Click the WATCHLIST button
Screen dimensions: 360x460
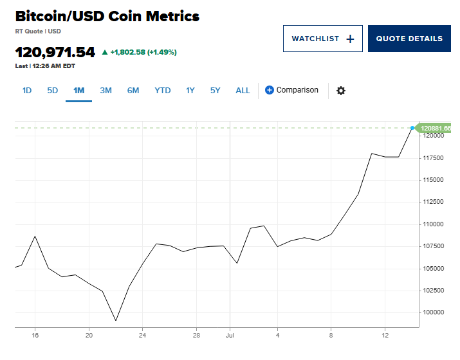(x=322, y=39)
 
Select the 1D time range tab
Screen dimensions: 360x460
(x=27, y=91)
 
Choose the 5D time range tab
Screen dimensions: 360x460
(x=53, y=91)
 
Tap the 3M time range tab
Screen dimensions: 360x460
(x=106, y=91)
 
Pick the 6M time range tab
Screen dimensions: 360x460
(x=133, y=91)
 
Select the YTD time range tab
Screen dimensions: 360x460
(x=163, y=91)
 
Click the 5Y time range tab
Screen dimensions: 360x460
(x=216, y=91)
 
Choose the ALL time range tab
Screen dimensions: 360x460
(x=243, y=91)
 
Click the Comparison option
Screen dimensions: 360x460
(x=291, y=91)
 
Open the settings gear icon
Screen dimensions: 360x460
(x=341, y=91)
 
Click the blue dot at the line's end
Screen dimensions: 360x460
(x=412, y=128)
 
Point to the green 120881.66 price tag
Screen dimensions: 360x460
(x=436, y=129)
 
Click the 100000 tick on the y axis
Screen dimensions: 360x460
(x=433, y=312)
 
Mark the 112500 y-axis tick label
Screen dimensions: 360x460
(x=433, y=202)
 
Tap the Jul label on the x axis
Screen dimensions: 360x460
(x=230, y=335)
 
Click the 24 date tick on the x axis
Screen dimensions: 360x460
(x=143, y=335)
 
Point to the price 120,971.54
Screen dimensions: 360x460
(x=55, y=53)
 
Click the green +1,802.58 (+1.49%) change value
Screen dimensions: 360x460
(x=143, y=52)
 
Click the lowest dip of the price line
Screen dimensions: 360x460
(x=116, y=320)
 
